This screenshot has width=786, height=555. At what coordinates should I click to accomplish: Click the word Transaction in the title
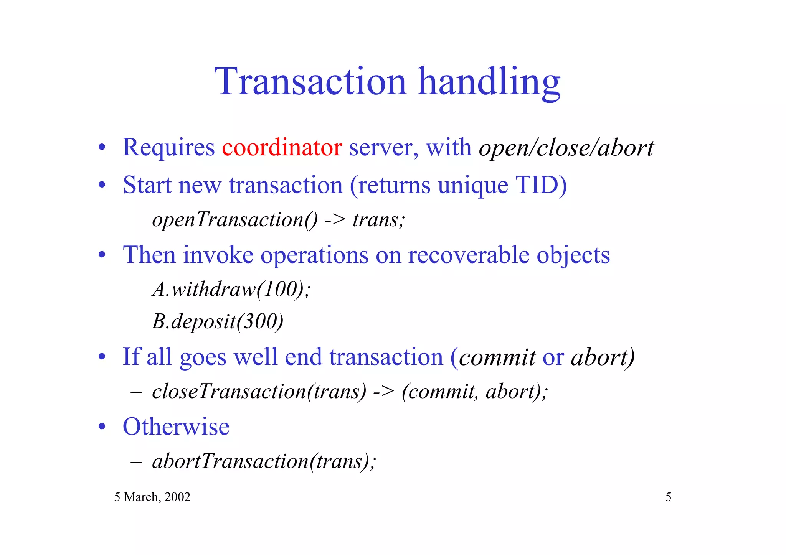tap(310, 82)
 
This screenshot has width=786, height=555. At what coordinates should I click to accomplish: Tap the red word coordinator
tap(282, 147)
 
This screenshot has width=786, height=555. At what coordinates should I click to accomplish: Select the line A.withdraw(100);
tap(231, 289)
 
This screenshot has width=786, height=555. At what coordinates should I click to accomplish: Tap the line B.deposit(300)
tap(218, 321)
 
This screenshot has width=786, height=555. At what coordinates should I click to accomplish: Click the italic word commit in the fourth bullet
tap(497, 357)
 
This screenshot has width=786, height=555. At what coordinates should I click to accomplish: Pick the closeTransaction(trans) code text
tap(259, 392)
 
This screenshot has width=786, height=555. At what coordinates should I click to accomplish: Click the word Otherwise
tap(176, 427)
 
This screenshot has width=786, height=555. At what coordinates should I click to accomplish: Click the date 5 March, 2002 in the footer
tap(152, 497)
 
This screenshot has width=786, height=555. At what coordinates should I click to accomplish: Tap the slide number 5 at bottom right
tap(668, 497)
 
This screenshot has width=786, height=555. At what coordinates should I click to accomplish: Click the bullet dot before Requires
tap(102, 148)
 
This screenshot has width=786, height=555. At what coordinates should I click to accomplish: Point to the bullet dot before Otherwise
tap(102, 427)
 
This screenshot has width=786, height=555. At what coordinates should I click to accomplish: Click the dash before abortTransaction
tap(136, 462)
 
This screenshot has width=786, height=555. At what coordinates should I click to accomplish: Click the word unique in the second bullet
tap(473, 186)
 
